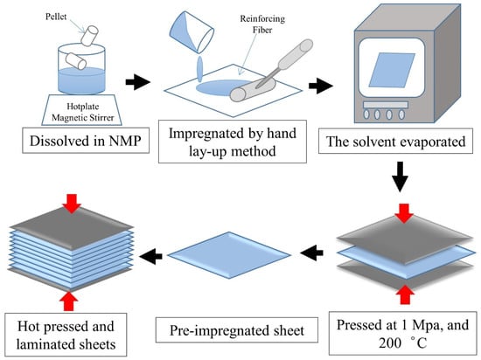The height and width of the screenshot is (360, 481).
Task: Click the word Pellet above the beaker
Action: pyautogui.click(x=56, y=17)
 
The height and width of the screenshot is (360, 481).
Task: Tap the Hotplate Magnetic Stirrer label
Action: pyautogui.click(x=82, y=112)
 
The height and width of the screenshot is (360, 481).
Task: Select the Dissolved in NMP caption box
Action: pyautogui.click(x=86, y=141)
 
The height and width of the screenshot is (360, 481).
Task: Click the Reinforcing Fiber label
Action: pyautogui.click(x=262, y=24)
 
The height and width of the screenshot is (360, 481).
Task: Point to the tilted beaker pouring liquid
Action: pyautogui.click(x=192, y=31)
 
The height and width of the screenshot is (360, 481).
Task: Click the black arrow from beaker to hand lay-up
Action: pyautogui.click(x=137, y=82)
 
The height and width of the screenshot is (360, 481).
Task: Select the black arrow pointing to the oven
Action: pyautogui.click(x=321, y=86)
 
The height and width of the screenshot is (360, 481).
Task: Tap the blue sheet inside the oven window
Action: pyautogui.click(x=392, y=70)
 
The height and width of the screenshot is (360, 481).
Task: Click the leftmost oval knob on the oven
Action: pyautogui.click(x=366, y=114)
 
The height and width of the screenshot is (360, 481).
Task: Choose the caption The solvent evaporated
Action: pyautogui.click(x=395, y=142)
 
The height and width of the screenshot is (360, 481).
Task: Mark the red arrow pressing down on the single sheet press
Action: pyautogui.click(x=404, y=213)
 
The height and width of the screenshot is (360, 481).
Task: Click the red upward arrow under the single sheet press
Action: pyautogui.click(x=405, y=294)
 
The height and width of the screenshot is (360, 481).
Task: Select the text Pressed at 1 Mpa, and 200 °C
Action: pyautogui.click(x=403, y=334)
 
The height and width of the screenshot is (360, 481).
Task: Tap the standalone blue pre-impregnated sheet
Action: pyautogui.click(x=229, y=255)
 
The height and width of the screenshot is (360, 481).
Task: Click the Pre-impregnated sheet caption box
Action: pyautogui.click(x=237, y=330)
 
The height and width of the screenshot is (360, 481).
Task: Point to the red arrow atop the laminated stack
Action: pyautogui.click(x=72, y=203)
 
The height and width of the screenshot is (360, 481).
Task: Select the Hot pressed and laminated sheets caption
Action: pyautogui.click(x=66, y=335)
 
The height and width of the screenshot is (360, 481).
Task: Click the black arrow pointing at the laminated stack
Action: pyautogui.click(x=150, y=255)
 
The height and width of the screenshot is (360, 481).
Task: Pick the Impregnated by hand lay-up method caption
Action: pyautogui.click(x=233, y=142)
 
